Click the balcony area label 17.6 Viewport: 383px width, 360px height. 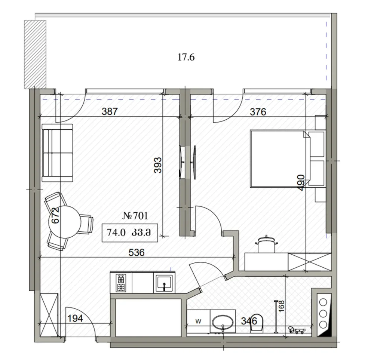pos(186,58)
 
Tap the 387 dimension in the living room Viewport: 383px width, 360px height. pos(110,111)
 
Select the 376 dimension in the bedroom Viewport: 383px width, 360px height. pos(258,111)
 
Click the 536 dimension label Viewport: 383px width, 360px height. pos(136,253)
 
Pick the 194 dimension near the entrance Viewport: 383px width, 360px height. pos(76,319)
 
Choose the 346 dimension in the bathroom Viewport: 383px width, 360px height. pos(249,321)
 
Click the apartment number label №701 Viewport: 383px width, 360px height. pos(135,215)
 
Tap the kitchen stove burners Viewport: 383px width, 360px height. pos(121,283)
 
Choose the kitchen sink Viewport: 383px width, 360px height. pos(164,283)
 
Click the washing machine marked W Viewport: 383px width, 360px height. pos(198,321)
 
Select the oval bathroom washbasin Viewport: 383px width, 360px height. pos(223,321)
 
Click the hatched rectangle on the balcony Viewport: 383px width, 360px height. pos(35,54)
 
